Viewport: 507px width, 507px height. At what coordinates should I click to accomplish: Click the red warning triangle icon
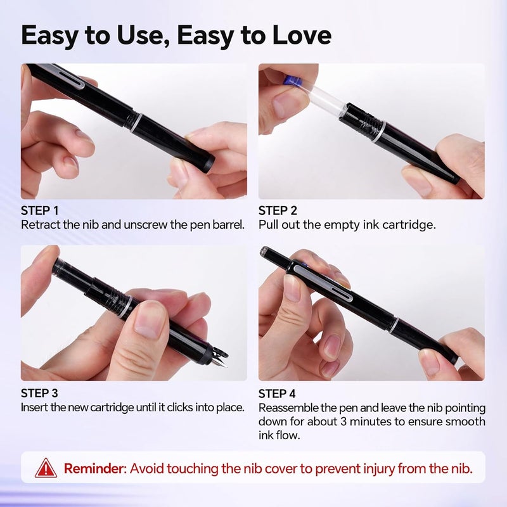point(46,468)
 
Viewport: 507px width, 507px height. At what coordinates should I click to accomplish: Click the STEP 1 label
point(41,210)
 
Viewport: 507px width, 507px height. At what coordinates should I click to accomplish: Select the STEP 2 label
point(278,210)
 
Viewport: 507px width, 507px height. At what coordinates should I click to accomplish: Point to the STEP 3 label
point(41,393)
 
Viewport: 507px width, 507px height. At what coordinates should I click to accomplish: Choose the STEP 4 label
point(278,393)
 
